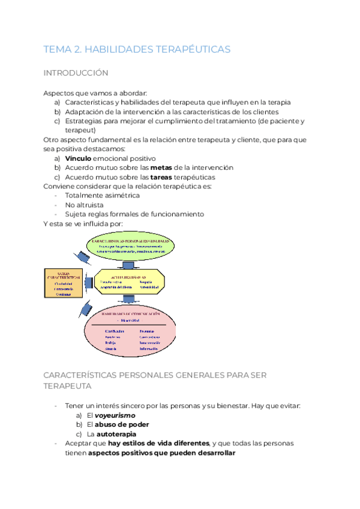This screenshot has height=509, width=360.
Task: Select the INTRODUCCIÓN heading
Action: pyautogui.click(x=76, y=73)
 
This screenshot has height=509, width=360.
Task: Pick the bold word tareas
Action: pyautogui.click(x=162, y=177)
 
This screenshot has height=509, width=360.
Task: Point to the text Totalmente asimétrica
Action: pyautogui.click(x=102, y=196)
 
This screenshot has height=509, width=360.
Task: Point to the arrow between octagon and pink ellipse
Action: pyautogui.click(x=128, y=300)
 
